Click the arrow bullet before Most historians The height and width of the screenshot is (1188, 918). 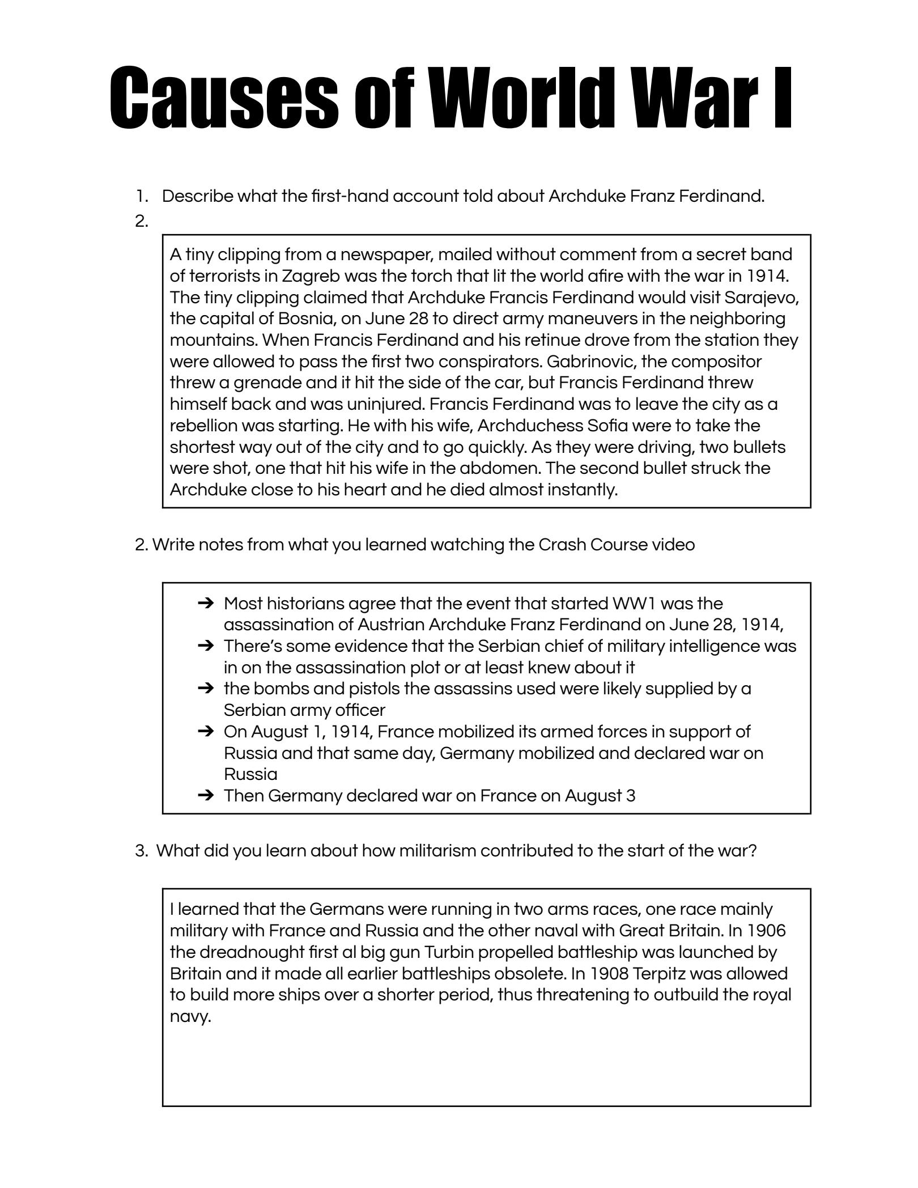pos(206,604)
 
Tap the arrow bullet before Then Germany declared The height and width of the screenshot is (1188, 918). pos(206,796)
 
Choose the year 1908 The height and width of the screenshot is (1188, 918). pos(609,974)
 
